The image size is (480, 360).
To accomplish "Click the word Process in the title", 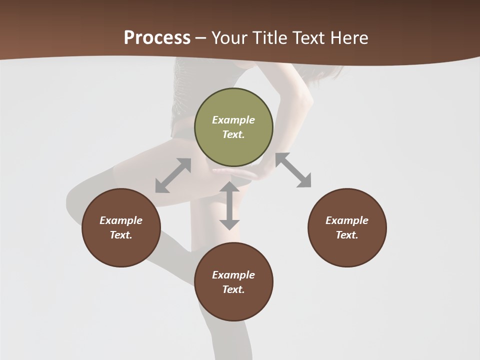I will [157, 38].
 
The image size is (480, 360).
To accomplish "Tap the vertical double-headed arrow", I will [229, 205].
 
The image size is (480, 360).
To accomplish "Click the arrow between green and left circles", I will [173, 175].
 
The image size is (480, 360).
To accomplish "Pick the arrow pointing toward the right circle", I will [293, 170].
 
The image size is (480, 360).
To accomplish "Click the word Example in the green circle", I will [233, 120].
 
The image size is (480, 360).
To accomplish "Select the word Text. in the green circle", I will [233, 134].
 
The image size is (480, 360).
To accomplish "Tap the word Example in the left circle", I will [121, 220].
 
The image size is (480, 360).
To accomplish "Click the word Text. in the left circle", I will [121, 235].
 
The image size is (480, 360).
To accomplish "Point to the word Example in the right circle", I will [347, 220].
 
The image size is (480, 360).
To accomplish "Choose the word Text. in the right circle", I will [347, 235].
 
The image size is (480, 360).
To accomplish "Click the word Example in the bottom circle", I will [233, 275].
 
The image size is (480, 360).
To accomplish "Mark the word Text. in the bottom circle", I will [233, 289].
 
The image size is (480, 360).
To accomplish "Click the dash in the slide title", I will [201, 38].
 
